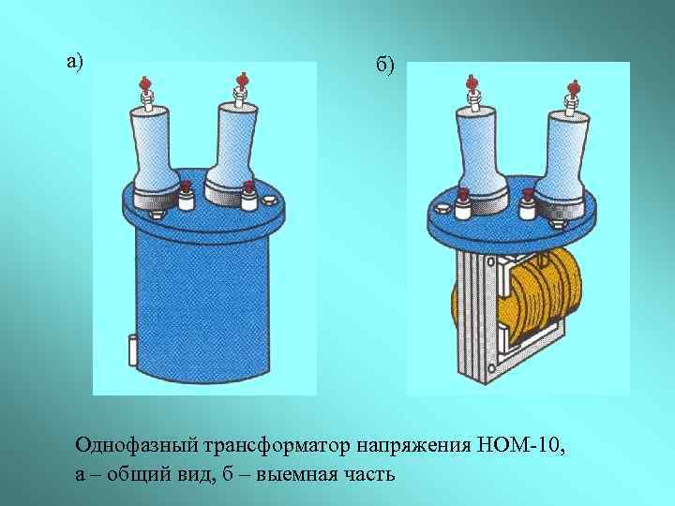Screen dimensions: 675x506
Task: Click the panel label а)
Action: click(74, 62)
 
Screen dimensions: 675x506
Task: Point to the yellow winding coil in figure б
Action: click(544, 295)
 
